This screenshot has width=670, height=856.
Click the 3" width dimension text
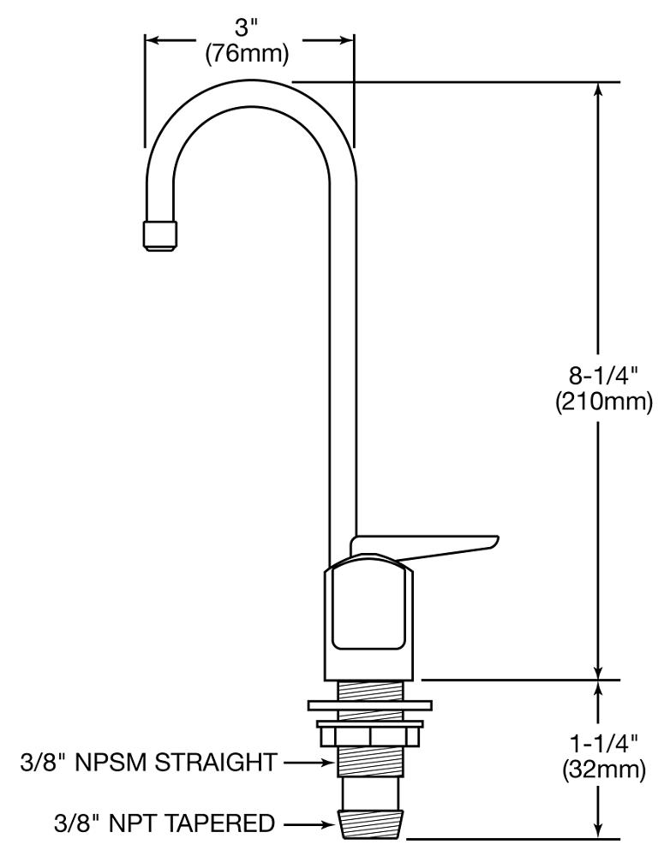pyautogui.click(x=248, y=28)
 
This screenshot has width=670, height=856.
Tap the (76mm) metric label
pyautogui.click(x=248, y=52)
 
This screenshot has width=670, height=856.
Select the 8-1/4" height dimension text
pyautogui.click(x=603, y=376)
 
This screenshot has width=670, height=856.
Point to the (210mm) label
pyautogui.click(x=603, y=400)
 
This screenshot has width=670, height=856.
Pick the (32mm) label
pyautogui.click(x=603, y=770)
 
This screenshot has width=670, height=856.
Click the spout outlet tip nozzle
pyautogui.click(x=161, y=235)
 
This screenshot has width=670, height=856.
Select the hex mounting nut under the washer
pyautogui.click(x=369, y=735)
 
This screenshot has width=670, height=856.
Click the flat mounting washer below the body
pyautogui.click(x=369, y=706)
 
